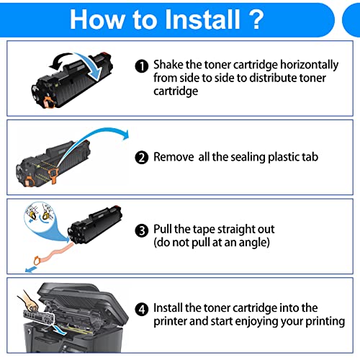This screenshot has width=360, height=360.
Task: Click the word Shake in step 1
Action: pos(170,66)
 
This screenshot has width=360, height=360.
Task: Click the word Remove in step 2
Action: pos(175,156)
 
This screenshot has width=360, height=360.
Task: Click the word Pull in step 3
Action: pos(165,230)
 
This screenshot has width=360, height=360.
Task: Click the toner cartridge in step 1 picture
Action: pos(72,83)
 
